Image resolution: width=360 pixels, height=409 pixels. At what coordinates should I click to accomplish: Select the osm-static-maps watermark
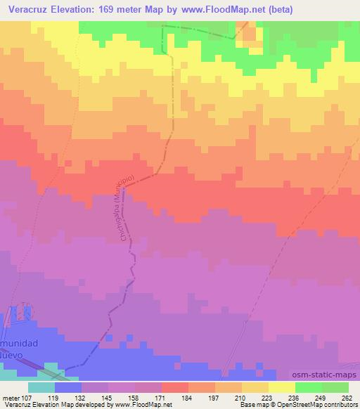point(320,377)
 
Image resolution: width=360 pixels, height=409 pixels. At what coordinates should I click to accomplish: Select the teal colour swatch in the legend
point(41,387)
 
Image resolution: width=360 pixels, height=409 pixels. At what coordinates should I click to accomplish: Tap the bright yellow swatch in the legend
point(281,387)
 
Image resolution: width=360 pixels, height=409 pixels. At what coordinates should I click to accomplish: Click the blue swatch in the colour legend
point(68,387)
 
